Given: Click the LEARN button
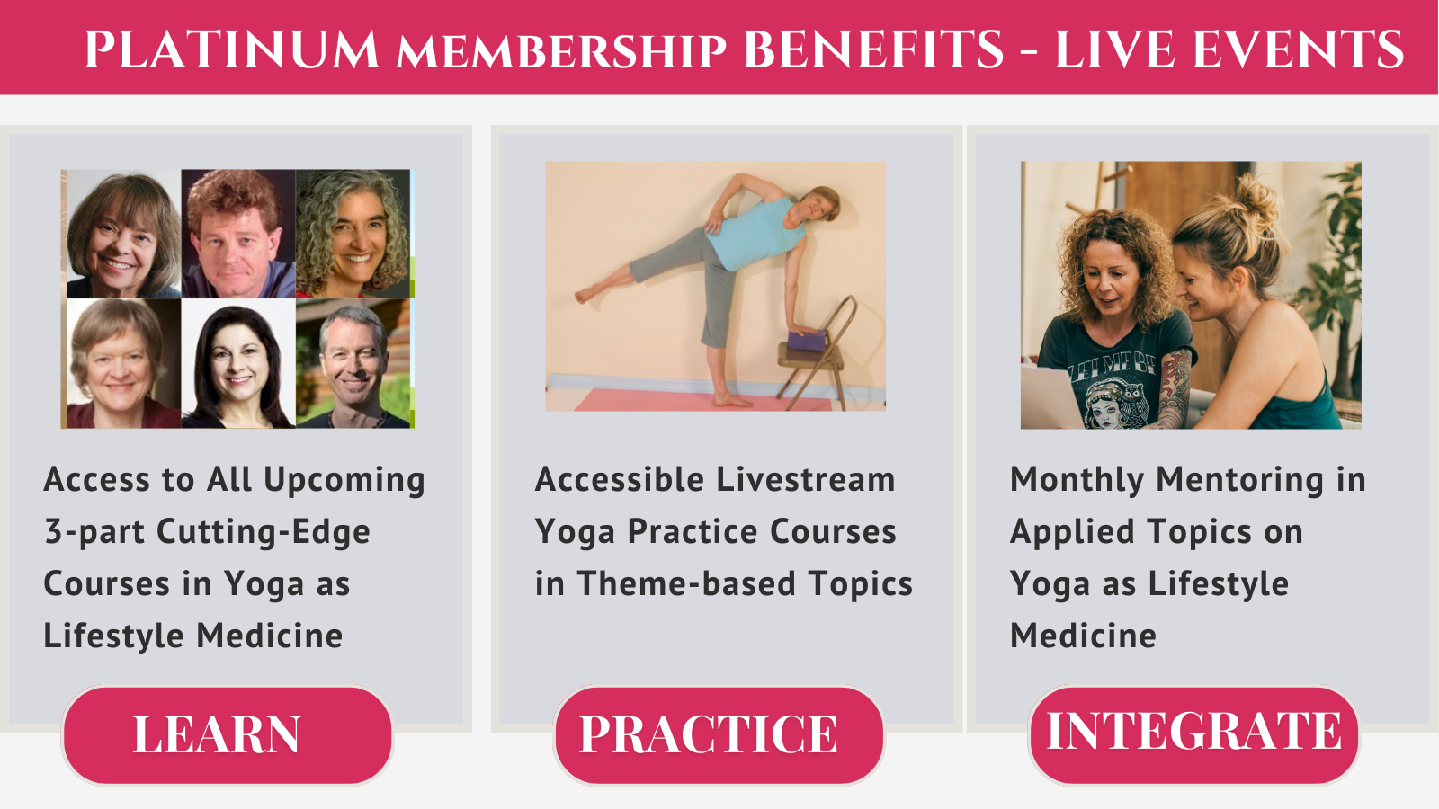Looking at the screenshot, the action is (228, 735).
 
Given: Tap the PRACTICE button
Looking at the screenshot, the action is (719, 735).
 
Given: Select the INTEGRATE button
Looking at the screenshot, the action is (1193, 735).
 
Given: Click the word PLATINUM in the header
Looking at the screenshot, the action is (231, 49).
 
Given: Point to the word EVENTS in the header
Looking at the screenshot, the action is (1297, 49).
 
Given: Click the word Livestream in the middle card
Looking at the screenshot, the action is (806, 480).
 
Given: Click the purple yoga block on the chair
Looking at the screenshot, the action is (806, 341).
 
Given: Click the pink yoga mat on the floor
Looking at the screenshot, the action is (703, 400).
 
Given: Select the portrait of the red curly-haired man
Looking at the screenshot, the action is (238, 234).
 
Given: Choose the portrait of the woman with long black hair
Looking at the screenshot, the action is (238, 363).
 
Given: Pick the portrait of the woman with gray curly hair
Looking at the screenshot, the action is (353, 234).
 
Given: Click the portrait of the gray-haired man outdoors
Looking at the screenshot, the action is (353, 363).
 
